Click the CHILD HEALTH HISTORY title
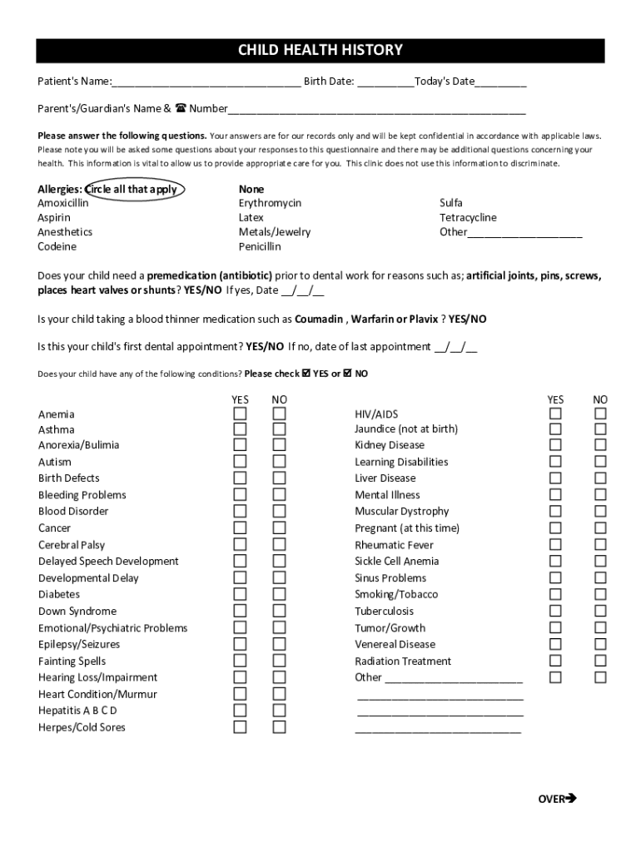[x=320, y=51]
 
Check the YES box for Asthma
[x=240, y=429]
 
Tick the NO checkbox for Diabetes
[x=280, y=594]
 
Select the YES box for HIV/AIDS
[x=555, y=414]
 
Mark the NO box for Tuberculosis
[x=600, y=611]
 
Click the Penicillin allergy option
[x=260, y=247]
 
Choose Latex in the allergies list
[x=251, y=218]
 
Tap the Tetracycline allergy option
[x=468, y=218]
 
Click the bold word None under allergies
[x=251, y=190]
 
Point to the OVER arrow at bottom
[x=557, y=799]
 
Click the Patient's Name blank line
[x=206, y=82]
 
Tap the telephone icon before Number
[x=180, y=108]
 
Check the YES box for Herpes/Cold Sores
[x=240, y=727]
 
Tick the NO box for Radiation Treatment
[x=600, y=661]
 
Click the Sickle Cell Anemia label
[x=396, y=562]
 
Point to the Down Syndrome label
[x=77, y=612]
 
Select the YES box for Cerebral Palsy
[x=240, y=545]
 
